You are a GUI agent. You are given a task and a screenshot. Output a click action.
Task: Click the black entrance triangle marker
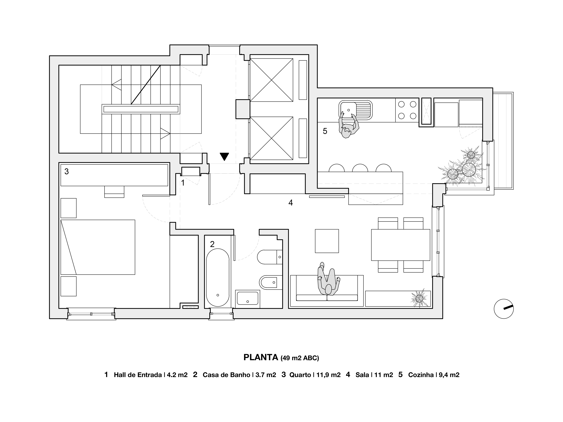(x=224, y=156)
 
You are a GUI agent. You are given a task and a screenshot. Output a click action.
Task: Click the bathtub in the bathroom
(x=218, y=277)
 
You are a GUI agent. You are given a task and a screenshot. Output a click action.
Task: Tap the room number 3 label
(x=66, y=172)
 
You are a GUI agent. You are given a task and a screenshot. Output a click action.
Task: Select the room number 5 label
(x=325, y=131)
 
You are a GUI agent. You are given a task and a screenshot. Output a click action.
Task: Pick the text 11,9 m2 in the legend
(x=328, y=375)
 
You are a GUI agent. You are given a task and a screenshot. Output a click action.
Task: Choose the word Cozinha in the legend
(x=421, y=375)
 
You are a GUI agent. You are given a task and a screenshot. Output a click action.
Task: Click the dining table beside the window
(x=400, y=245)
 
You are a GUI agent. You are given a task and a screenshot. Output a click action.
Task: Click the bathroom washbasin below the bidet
(x=247, y=297)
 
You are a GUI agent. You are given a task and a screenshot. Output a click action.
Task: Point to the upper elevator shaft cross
(x=272, y=80)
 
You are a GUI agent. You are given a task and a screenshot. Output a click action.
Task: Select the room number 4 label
(x=290, y=203)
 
